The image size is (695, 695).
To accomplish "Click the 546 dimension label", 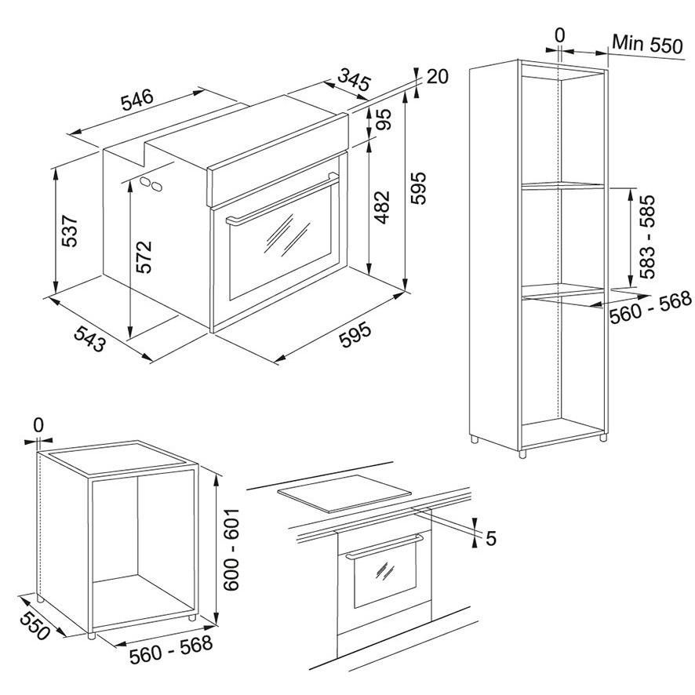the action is tap(137, 100).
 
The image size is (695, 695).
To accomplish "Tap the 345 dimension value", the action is tap(353, 80).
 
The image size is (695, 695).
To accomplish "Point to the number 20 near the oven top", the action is tap(438, 77).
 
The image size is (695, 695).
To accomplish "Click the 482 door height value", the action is tap(381, 207).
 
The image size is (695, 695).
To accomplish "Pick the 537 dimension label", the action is tap(70, 231).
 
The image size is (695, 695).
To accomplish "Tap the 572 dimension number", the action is tap(144, 257).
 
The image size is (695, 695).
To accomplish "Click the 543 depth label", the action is tap(90, 339).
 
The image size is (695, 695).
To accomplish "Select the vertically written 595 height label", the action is tap(417, 188).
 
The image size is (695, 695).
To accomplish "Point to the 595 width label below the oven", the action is tap(355, 335).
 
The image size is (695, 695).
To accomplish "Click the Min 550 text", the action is tap(648, 44).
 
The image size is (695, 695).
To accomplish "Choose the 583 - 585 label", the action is tap(646, 236).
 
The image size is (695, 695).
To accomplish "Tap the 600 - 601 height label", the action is tap(231, 549).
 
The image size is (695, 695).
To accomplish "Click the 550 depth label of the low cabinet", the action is tap(35, 625).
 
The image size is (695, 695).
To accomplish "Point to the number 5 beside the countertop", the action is tap(491, 539).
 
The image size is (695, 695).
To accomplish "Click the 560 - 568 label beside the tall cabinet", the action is tap(650, 307).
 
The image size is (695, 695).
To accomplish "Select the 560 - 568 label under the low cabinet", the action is tap(171, 650).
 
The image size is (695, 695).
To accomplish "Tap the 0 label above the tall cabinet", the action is tap(560, 35).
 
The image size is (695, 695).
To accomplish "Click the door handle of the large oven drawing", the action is tap(282, 198).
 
